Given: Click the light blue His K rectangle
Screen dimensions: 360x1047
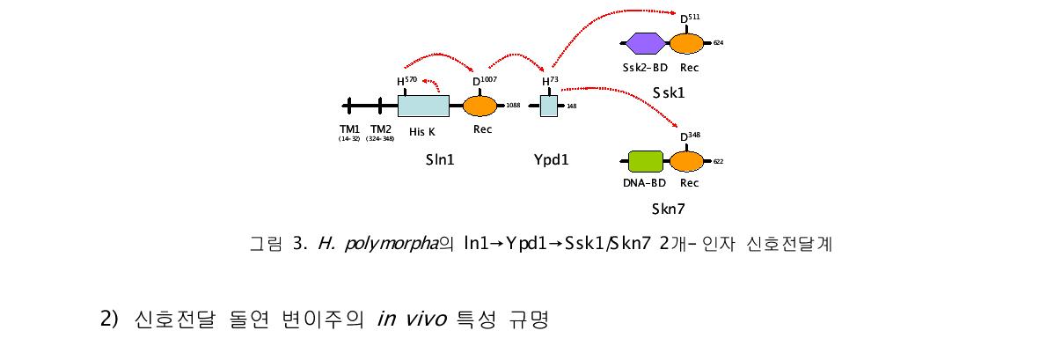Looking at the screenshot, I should [423, 107].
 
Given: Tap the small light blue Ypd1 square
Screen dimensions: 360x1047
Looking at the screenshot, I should [548, 107].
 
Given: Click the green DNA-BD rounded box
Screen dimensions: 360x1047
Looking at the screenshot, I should [646, 161].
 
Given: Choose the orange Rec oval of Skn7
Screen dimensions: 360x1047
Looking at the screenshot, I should [686, 161].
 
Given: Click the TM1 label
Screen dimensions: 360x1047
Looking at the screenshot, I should [350, 129].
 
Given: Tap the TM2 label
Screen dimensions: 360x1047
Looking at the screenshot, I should [380, 129].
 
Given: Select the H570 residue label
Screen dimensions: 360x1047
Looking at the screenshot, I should [406, 82].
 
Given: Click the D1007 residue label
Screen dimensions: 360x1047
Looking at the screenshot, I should [485, 82].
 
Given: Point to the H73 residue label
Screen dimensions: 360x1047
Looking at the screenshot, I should [550, 82].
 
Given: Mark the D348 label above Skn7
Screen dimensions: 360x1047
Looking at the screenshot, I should [690, 136].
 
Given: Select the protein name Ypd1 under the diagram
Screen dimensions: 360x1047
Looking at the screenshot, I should [551, 161].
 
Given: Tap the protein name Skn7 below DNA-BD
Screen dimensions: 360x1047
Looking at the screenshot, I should [668, 209].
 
